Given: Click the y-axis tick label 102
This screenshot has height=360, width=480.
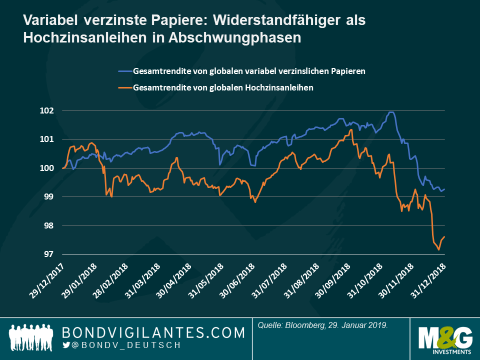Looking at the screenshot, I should point(49,110).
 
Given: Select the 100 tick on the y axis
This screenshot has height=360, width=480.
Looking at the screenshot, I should point(49,168).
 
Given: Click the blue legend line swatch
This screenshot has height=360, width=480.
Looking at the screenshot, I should point(125,71).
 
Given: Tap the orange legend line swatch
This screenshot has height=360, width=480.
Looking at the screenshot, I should point(125,87).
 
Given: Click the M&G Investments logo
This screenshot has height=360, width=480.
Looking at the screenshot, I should point(441,338).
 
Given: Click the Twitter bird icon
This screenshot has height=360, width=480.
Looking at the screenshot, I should point(66,345).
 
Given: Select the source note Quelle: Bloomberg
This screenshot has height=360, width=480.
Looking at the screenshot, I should point(323,325).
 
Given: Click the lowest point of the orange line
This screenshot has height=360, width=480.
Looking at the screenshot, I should point(438,249).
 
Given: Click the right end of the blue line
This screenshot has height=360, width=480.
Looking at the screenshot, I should point(444,189).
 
